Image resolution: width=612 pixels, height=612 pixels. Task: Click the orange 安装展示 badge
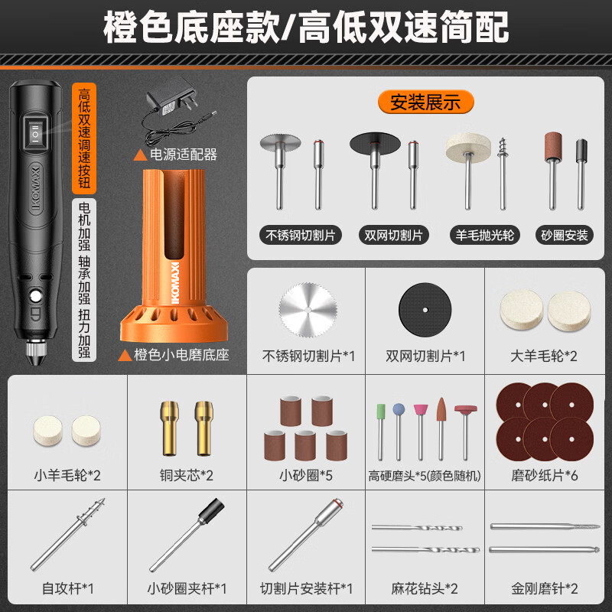(425, 101)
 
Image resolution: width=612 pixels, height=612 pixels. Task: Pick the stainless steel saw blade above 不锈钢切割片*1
(308, 311)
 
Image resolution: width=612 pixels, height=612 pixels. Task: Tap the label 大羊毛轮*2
(545, 356)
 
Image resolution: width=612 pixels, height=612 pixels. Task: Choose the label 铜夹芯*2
(186, 475)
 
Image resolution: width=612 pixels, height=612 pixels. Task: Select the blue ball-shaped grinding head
(399, 409)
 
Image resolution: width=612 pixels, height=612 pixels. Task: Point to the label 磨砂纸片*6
(545, 475)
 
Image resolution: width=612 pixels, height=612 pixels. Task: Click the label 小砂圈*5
(306, 475)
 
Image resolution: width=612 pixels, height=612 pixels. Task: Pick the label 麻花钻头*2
(425, 588)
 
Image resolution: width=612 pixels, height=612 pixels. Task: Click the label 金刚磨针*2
(545, 588)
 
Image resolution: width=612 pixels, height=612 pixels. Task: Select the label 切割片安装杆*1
(306, 588)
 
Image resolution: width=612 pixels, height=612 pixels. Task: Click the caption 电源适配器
(183, 155)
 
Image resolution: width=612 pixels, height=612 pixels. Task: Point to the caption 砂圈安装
(565, 235)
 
